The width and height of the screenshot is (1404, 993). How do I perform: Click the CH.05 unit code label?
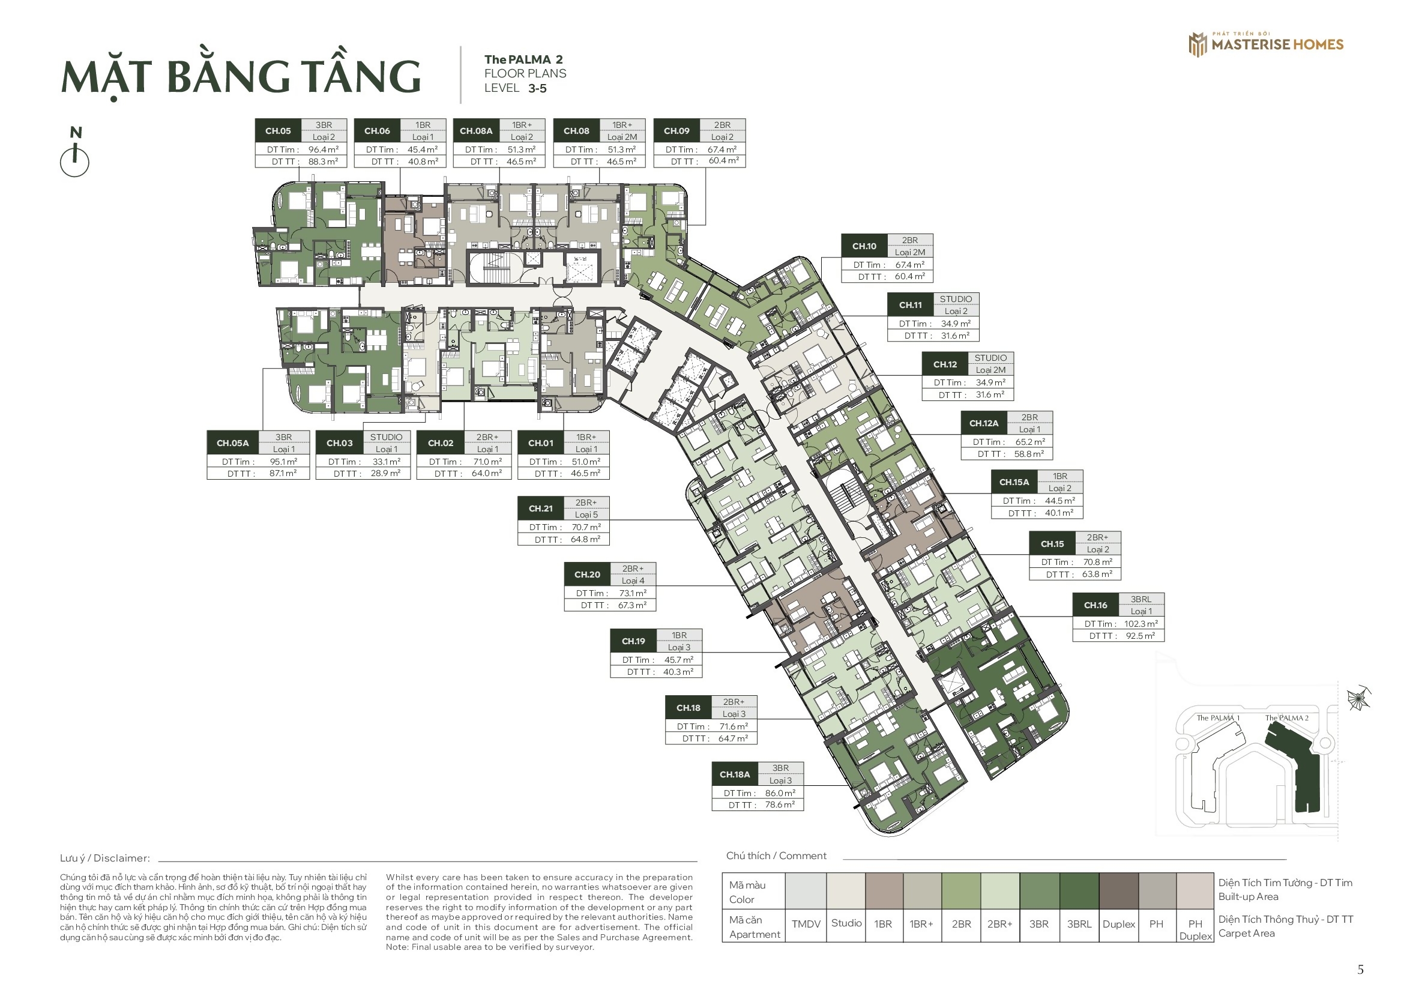coord(278,131)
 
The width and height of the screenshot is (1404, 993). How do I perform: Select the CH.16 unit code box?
coord(1095,605)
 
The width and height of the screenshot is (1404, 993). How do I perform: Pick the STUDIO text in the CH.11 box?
coord(956,299)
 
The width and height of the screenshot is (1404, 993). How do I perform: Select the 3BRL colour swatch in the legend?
coord(1079,891)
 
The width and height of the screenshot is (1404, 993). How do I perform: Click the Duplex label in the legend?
coord(1118,924)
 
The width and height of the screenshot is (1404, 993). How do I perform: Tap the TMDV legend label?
coord(806,924)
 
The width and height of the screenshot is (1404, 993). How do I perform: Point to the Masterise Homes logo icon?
coord(1198,44)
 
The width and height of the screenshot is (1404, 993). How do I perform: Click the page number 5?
coord(1361,970)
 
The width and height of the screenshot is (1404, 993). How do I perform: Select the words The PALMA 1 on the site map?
coord(1217,718)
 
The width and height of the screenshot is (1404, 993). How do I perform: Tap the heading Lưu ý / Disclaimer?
coord(104,859)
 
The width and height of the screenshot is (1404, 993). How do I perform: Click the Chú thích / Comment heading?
coord(776,856)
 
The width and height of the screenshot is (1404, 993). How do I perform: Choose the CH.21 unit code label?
coord(541,509)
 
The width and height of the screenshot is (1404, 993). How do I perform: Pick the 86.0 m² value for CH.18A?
coord(780,793)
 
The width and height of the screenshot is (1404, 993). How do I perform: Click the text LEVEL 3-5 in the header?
coord(516,88)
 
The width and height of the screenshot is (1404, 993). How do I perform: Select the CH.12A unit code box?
coord(983,423)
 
